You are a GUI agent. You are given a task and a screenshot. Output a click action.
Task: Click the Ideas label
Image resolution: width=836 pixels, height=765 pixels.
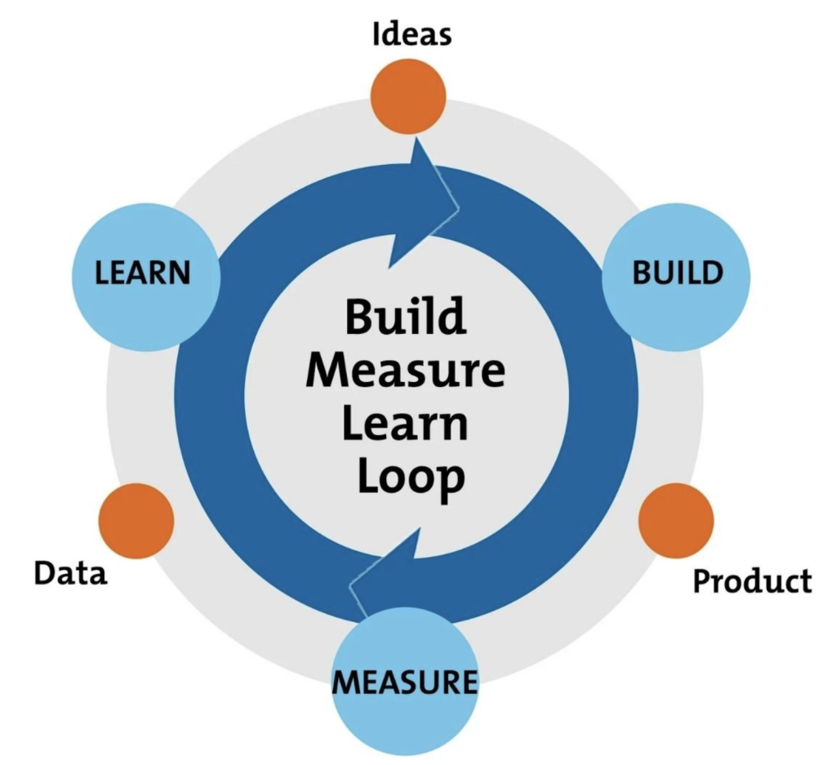[411, 35]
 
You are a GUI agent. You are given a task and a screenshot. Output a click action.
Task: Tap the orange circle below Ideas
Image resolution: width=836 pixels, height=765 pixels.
[408, 96]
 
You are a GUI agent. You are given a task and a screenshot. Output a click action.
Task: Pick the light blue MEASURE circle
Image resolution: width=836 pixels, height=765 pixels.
[404, 682]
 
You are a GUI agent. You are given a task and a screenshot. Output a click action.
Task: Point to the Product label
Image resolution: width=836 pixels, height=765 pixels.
[752, 581]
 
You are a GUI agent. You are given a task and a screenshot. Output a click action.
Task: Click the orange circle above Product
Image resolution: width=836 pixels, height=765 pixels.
[676, 520]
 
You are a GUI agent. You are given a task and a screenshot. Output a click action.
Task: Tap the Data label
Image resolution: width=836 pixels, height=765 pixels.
[70, 572]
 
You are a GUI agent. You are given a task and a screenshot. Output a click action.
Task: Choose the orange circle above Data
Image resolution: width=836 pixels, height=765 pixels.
[136, 521]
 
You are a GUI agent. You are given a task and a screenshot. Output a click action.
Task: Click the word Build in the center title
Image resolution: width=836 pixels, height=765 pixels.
[404, 316]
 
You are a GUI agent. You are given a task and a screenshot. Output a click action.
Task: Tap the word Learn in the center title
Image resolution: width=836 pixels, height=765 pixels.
[405, 425]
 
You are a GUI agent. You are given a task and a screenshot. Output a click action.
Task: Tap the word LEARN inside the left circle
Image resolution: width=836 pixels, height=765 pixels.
[143, 273]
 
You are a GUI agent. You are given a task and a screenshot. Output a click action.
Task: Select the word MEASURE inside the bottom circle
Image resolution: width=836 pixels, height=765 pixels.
[404, 680]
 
